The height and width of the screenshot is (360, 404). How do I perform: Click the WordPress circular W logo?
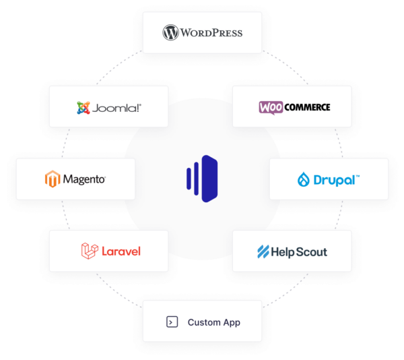(170, 32)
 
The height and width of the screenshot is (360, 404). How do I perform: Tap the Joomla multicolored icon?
(83, 107)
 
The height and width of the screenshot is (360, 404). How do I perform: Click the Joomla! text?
(117, 107)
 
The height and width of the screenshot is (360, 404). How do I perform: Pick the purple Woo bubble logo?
(271, 107)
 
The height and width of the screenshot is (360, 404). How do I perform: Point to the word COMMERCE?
(306, 107)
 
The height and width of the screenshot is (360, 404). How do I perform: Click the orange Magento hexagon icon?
(52, 179)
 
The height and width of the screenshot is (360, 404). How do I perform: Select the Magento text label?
(84, 179)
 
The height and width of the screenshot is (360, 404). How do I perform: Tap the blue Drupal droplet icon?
(304, 179)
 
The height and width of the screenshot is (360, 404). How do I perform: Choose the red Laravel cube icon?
(89, 251)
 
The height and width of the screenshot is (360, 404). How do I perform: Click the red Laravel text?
(121, 251)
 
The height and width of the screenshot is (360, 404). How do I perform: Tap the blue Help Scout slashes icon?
(263, 252)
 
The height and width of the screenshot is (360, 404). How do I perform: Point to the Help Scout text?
(299, 252)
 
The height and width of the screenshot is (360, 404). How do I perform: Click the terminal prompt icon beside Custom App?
(172, 322)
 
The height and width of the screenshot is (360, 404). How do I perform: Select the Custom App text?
(213, 322)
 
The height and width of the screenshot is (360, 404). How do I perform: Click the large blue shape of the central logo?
(209, 179)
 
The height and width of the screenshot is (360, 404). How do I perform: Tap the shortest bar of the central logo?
(188, 179)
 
